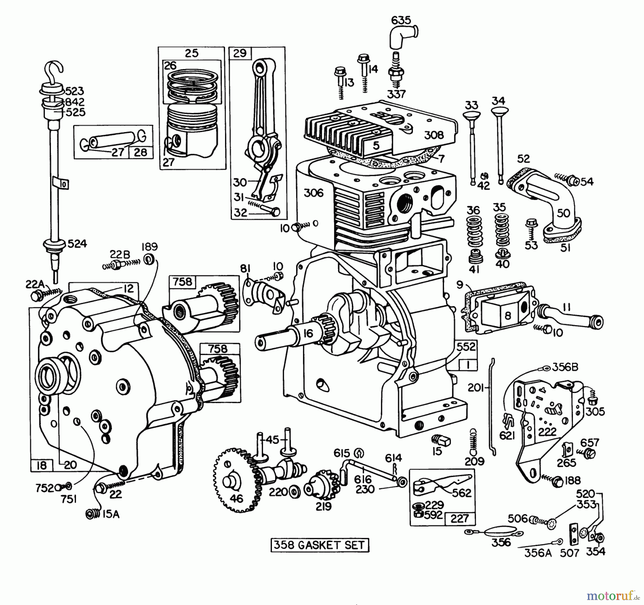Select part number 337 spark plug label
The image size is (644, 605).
tap(396, 94)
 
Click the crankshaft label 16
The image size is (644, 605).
tap(308, 333)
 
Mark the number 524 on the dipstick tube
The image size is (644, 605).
tap(77, 244)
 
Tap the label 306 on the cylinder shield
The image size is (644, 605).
tap(313, 193)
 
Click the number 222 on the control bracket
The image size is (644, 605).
tap(547, 431)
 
